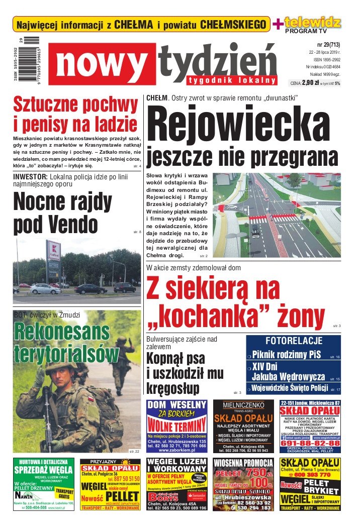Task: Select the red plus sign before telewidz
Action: click(x=277, y=24)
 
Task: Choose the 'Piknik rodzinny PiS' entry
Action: click(x=286, y=355)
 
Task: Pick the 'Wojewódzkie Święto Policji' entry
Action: click(x=289, y=388)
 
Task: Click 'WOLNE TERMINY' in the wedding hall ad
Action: click(x=176, y=425)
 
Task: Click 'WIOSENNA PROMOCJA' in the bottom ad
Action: click(x=243, y=463)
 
